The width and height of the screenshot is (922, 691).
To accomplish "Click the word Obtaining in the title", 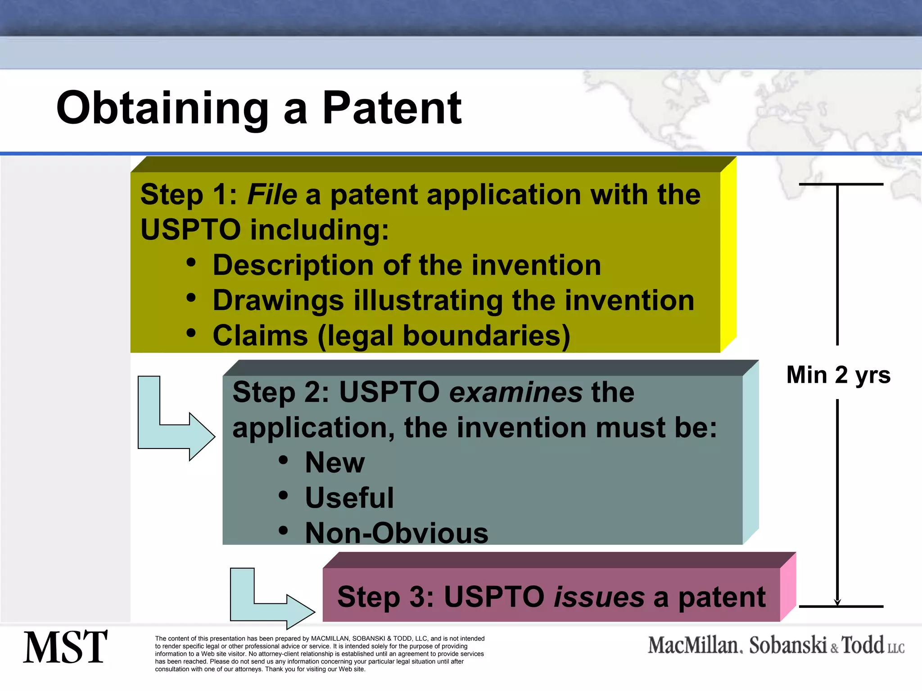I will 162,109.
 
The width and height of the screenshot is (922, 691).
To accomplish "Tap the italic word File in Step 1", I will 272,195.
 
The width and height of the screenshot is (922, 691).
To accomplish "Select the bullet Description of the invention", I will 407,265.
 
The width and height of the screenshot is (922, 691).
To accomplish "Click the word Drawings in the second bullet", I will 278,301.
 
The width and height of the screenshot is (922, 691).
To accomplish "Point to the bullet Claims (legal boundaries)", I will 391,336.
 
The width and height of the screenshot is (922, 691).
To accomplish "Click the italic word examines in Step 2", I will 516,392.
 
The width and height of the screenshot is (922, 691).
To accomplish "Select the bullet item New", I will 334,462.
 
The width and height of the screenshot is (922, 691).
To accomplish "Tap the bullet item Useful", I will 349,498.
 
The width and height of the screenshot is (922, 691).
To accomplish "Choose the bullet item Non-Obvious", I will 396,533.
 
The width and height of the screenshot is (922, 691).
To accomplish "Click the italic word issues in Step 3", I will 599,597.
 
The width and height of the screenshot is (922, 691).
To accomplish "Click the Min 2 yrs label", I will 838,375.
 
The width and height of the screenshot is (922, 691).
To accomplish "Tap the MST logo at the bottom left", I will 65,648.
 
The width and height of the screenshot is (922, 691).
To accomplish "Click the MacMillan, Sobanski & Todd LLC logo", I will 776,645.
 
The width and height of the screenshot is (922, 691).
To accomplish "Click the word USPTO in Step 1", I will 190,230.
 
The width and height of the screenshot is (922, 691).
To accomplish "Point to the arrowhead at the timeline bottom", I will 837,602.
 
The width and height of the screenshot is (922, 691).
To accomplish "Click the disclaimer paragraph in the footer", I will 320,654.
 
